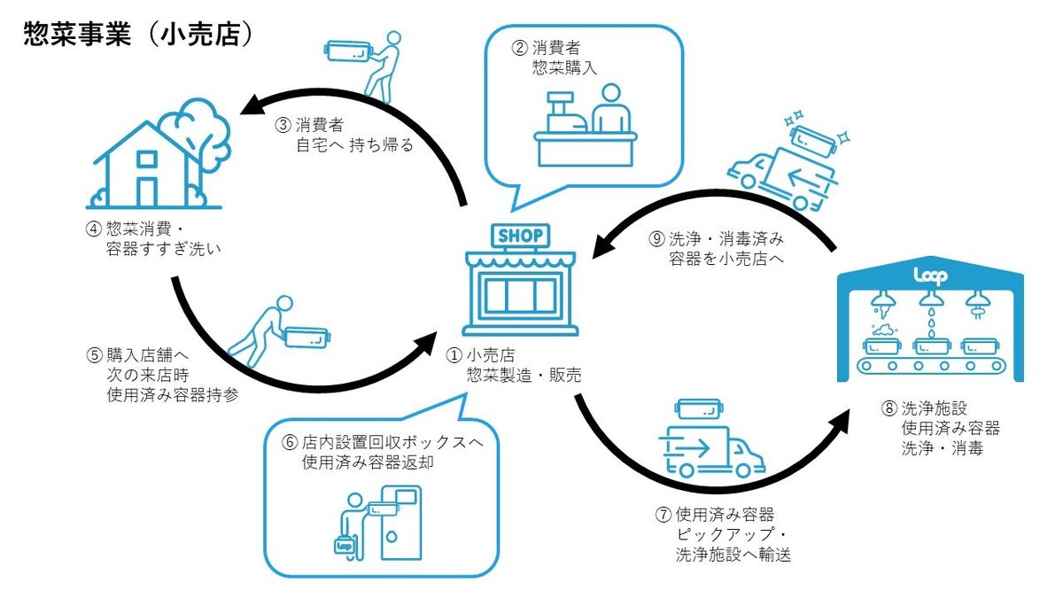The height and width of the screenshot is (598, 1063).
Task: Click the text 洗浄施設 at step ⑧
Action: (930, 408)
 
